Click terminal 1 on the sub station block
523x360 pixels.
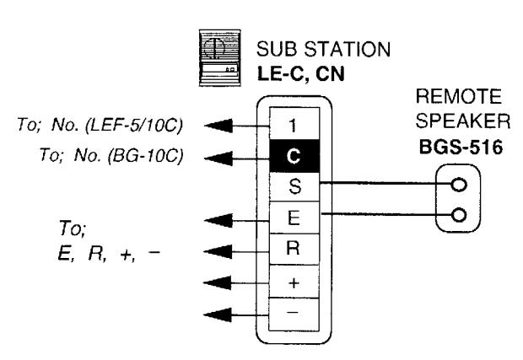click(294, 123)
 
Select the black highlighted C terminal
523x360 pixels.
click(294, 156)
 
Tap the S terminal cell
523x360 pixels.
click(294, 186)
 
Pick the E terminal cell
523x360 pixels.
click(294, 218)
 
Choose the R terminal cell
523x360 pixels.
click(294, 249)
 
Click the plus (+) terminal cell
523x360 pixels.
click(294, 282)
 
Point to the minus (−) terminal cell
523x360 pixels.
click(294, 314)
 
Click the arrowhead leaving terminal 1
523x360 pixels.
click(218, 126)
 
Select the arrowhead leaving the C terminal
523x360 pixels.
click(218, 158)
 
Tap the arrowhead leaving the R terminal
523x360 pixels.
click(218, 252)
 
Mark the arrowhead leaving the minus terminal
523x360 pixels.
click(218, 314)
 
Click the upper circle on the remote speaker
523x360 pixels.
click(459, 185)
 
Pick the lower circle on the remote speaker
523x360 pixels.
click(459, 215)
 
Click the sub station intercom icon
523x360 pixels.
click(220, 58)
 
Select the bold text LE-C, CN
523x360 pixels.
click(301, 73)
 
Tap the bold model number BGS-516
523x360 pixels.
click(461, 147)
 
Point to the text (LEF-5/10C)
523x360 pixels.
click(134, 126)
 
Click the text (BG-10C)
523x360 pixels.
click(146, 155)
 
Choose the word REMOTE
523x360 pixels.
click(458, 96)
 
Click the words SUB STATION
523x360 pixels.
click(323, 49)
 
